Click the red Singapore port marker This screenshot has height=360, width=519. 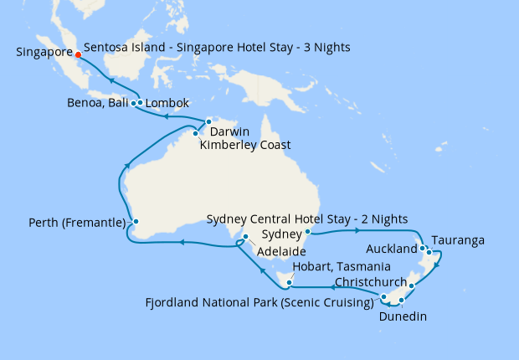pos(78,57)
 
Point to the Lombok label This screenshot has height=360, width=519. pos(167,104)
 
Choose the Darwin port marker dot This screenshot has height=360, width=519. pos(208,122)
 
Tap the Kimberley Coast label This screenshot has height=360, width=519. pos(245,145)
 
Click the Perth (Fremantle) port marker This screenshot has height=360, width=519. pos(133,223)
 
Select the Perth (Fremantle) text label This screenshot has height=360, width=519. pos(76,224)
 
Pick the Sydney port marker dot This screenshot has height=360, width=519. pos(308,232)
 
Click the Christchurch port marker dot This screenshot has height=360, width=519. pos(412,285)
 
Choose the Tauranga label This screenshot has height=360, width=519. pos(458,240)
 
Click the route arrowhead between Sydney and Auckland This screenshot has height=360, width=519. pos(357,230)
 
